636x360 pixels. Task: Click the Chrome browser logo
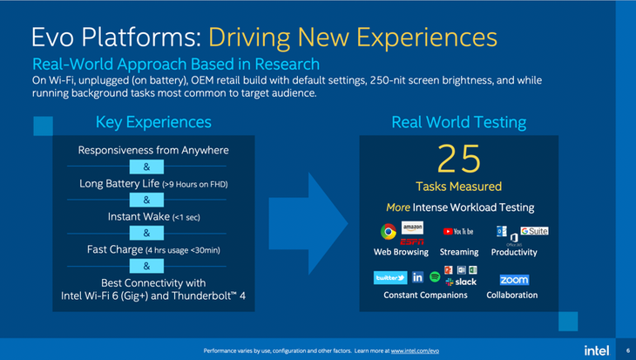[388, 232]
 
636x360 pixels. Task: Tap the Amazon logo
[412, 228]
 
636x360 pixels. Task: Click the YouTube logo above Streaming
[458, 232]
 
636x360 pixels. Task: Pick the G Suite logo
[534, 231]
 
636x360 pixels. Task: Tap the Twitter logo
[389, 278]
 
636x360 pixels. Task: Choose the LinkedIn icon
[417, 278]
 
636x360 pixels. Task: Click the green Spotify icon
[435, 278]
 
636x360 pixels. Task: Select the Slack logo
[461, 282]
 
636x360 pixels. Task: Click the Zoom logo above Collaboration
[513, 280]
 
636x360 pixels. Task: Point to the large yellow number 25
[458, 160]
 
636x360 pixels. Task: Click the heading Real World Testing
[459, 122]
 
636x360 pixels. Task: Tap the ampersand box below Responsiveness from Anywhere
[146, 166]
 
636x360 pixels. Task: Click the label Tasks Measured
[458, 187]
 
